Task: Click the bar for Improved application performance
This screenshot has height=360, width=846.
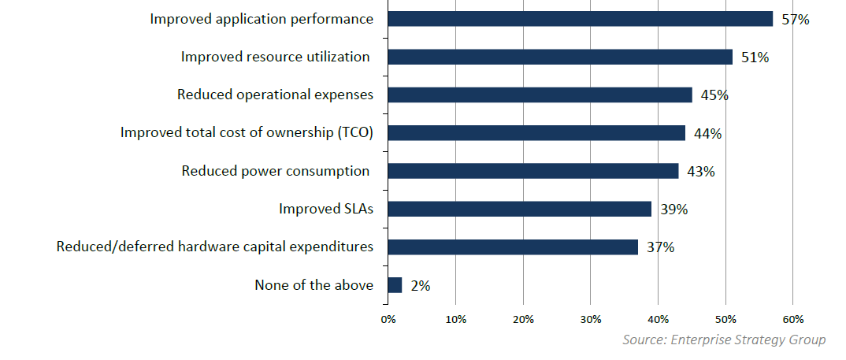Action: tap(580, 19)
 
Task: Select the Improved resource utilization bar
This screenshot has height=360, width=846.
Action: tap(559, 57)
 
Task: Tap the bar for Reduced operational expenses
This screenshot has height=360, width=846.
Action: tap(540, 95)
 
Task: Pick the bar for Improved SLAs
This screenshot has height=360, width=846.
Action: tap(519, 209)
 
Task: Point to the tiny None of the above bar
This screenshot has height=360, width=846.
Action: tap(395, 285)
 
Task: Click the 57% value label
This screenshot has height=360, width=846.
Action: tap(796, 20)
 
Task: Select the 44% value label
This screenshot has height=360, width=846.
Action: tap(707, 133)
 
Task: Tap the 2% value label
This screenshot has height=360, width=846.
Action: tap(421, 286)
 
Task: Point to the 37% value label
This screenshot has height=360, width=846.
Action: tap(660, 247)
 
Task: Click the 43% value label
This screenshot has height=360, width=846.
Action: tap(700, 171)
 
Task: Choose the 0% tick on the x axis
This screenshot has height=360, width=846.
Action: tap(388, 319)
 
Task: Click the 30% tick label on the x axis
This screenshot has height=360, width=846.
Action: tap(591, 319)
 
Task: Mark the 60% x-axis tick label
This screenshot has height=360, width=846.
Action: tap(793, 319)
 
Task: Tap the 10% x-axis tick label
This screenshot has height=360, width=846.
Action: tap(455, 319)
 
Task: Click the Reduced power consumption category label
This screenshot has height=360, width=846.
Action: tap(276, 171)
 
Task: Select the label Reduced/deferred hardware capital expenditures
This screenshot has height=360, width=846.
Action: tap(214, 247)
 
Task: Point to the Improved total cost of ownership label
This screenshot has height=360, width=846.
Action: tap(247, 132)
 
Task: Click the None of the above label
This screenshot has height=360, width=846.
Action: tap(314, 285)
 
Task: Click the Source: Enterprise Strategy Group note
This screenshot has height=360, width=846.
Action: tap(724, 340)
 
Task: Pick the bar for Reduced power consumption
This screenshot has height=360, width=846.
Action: tap(532, 171)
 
